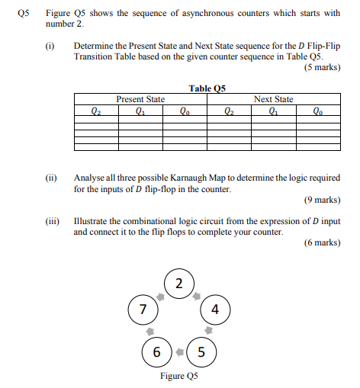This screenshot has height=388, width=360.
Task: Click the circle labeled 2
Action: [178, 285]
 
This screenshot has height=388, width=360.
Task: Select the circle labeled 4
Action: [215, 310]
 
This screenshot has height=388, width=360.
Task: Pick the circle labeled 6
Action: [156, 352]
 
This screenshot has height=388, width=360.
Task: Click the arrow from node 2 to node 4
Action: [197, 295]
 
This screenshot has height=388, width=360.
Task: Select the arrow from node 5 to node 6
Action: [179, 352]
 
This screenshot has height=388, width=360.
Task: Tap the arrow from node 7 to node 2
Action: [160, 295]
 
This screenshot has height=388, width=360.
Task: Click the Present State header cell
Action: [140, 99]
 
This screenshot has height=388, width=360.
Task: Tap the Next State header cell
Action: [273, 99]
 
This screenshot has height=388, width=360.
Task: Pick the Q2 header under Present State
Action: [95, 108]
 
